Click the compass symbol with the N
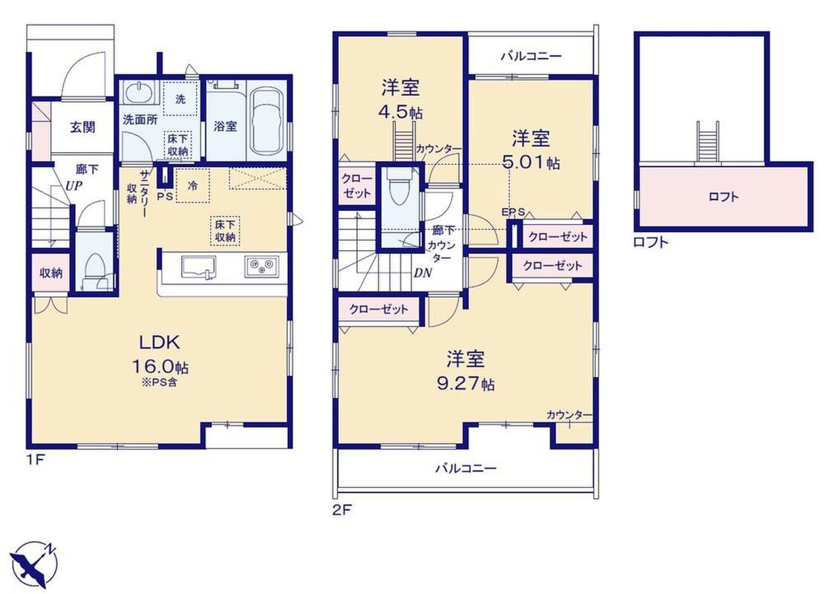coord(33,564)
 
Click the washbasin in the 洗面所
coord(140,94)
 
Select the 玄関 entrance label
coord(82,127)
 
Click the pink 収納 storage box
coord(50,272)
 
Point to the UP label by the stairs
coord(74,186)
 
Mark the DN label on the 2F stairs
coord(422,272)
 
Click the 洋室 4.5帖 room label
coord(401,99)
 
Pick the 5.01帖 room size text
coord(532,163)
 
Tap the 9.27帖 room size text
coord(465,384)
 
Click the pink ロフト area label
coord(724,197)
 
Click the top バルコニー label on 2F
coord(531,56)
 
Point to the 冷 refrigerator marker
coord(193,186)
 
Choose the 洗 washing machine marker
coord(180,98)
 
